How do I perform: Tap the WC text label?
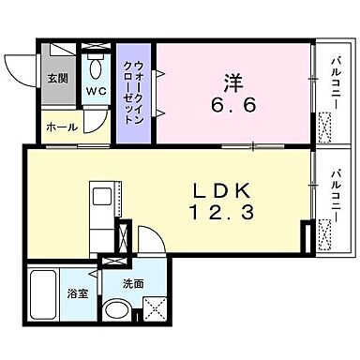tap(97, 91)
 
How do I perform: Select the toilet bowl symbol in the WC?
tap(96, 69)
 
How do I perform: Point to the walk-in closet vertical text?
tap(132, 90)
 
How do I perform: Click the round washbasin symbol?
tap(116, 309)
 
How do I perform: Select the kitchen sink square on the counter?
tap(100, 195)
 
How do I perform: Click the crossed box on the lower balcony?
tap(327, 242)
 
